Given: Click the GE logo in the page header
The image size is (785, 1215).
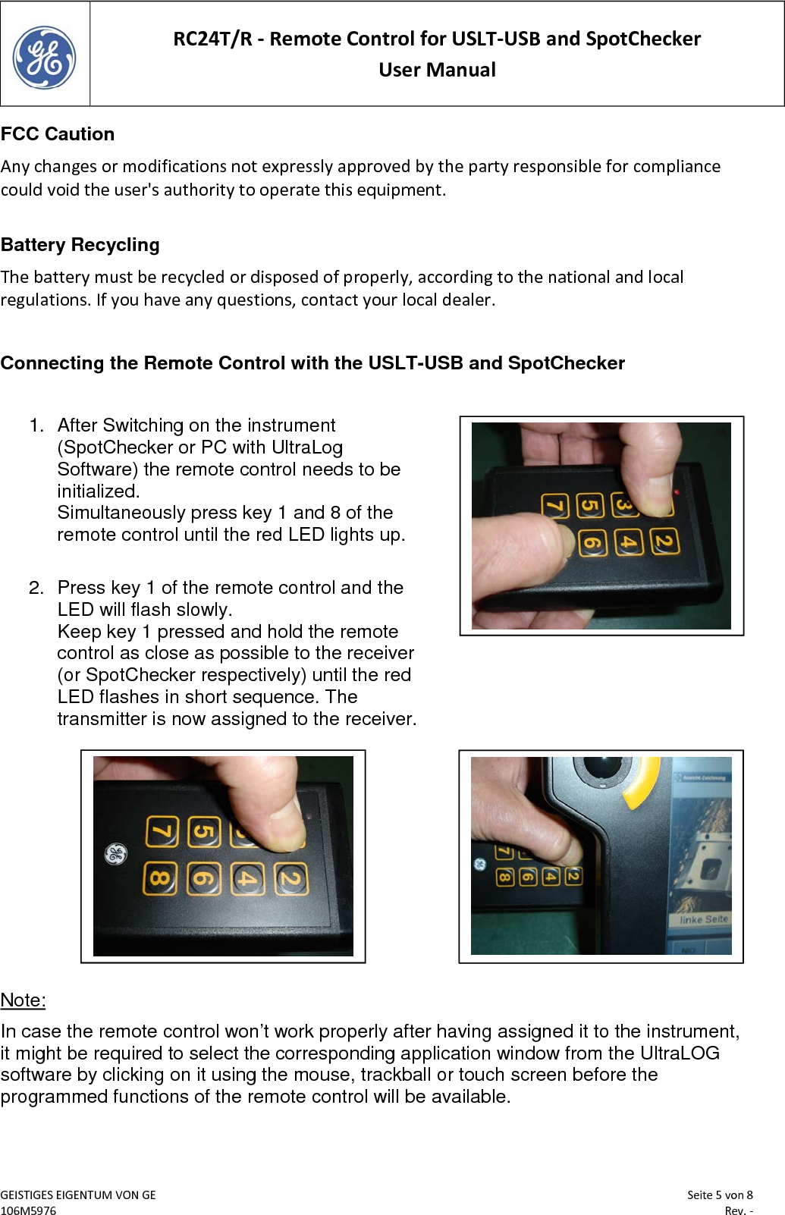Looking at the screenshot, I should (44, 57).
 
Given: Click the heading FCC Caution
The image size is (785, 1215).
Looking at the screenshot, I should (58, 134).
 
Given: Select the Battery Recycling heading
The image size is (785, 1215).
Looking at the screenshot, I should (80, 245).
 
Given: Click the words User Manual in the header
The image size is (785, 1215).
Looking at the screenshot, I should (437, 70).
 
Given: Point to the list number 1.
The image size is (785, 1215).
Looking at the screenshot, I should (36, 425).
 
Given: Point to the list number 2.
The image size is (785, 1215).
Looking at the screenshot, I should (36, 588).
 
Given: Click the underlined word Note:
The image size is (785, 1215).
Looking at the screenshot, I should (23, 1000).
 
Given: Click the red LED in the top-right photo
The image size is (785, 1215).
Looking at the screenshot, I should (677, 492).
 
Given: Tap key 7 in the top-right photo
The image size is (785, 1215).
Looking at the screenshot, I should (554, 506).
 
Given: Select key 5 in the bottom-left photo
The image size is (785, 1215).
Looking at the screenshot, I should (203, 831).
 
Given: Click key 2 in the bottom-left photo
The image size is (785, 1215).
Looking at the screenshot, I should (291, 879).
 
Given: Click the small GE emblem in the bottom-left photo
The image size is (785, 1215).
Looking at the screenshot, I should (115, 854).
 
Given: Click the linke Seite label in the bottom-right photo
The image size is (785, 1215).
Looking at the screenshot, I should (703, 919).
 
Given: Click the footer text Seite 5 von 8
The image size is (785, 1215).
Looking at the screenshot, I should (719, 1195).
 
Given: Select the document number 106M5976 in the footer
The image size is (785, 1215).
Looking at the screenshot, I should (28, 1210).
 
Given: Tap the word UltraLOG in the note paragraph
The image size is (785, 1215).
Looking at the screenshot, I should (680, 1053).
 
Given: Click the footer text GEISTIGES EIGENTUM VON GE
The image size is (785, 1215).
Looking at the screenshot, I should (78, 1195).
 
